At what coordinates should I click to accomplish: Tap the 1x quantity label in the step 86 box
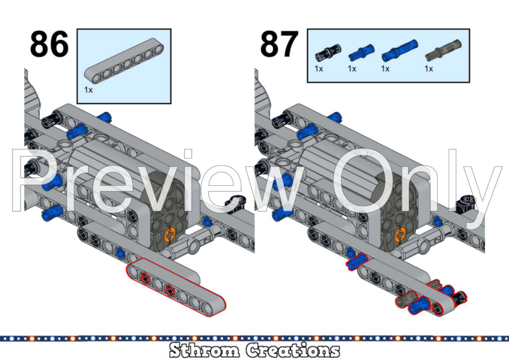[88, 89]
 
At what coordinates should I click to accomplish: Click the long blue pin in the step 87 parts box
[395, 54]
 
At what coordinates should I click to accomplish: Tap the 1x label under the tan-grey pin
[429, 69]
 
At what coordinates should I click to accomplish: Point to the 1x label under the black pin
[319, 69]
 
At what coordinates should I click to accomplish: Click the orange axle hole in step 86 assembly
[171, 233]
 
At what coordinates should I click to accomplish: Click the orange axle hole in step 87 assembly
[400, 233]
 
